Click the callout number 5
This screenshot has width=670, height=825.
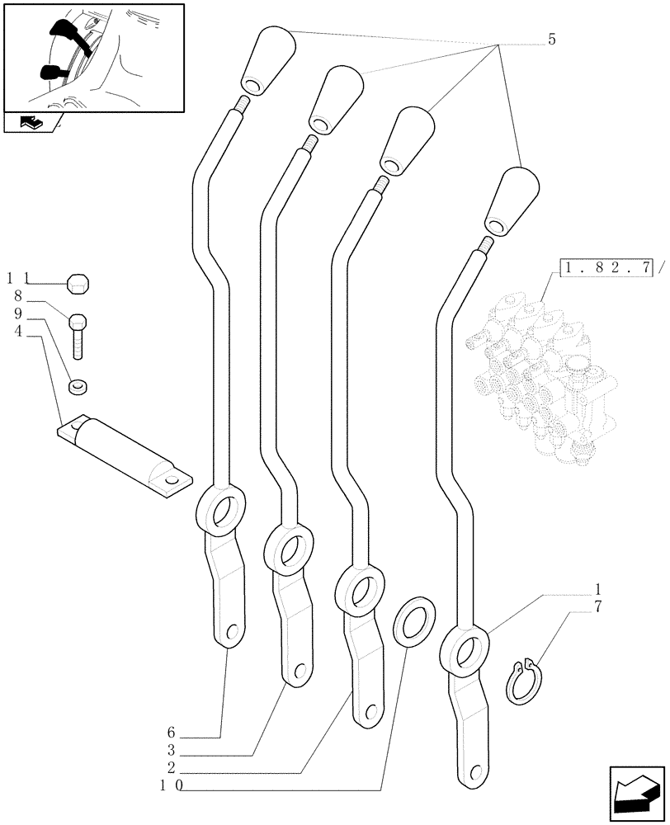point(551,40)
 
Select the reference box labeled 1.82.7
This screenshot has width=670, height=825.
point(606,267)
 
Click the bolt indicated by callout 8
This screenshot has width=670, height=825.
point(78,335)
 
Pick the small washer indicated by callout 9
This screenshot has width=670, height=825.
point(78,385)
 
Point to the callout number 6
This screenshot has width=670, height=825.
point(171,733)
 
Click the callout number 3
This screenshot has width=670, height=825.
point(171,752)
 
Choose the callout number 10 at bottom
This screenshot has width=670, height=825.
point(171,789)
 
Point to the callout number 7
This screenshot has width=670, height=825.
point(597,606)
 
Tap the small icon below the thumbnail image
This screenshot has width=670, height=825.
point(31,124)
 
